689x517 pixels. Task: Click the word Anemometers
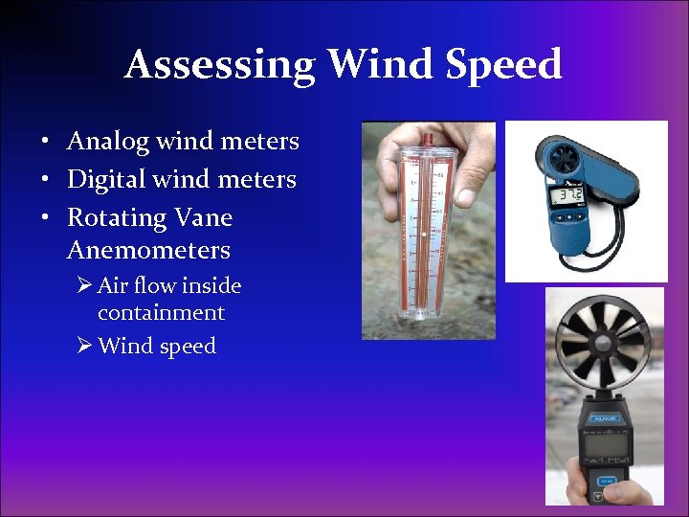point(148,251)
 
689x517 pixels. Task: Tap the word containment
point(161,313)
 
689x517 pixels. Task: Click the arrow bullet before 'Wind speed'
point(85,346)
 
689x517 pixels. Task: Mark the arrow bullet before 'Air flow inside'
point(85,286)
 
